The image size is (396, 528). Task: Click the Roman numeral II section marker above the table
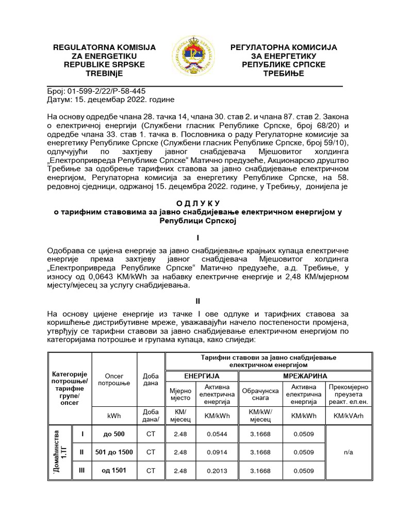point(197,301)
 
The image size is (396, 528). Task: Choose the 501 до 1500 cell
point(114,452)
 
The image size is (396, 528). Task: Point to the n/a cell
point(348,452)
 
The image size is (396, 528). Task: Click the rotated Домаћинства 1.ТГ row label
point(60,452)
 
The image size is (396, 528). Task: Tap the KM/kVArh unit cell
point(348,416)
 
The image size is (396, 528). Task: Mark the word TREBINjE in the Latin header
point(105,73)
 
